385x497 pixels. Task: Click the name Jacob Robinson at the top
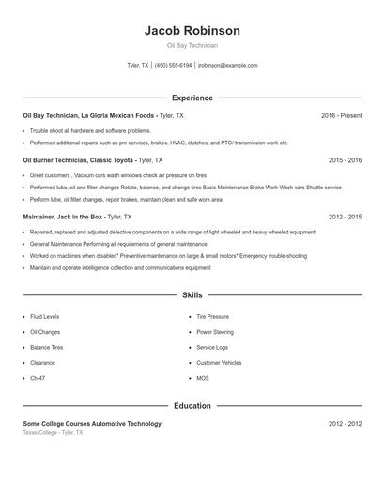(x=192, y=31)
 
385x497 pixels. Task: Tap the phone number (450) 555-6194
(x=173, y=66)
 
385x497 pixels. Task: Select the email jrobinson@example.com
(x=228, y=66)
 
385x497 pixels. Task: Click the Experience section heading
(x=192, y=98)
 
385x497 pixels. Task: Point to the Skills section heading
(x=192, y=294)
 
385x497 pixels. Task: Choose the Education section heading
(x=192, y=406)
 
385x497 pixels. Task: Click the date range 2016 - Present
(x=341, y=115)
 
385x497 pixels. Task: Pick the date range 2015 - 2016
(x=345, y=160)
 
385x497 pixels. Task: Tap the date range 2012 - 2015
(x=345, y=217)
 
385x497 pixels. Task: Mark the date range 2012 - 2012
(x=345, y=424)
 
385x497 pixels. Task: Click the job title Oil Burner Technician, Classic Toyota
(x=79, y=160)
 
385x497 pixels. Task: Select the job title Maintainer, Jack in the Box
(x=64, y=217)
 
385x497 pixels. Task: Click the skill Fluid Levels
(x=46, y=317)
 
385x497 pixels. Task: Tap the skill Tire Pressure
(x=212, y=317)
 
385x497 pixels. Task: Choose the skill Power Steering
(x=215, y=332)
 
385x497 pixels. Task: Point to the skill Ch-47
(x=38, y=378)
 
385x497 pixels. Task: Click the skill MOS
(x=203, y=378)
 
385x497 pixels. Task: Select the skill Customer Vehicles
(x=219, y=362)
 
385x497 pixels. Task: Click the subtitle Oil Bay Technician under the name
(x=192, y=45)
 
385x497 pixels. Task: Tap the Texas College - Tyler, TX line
(x=53, y=433)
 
